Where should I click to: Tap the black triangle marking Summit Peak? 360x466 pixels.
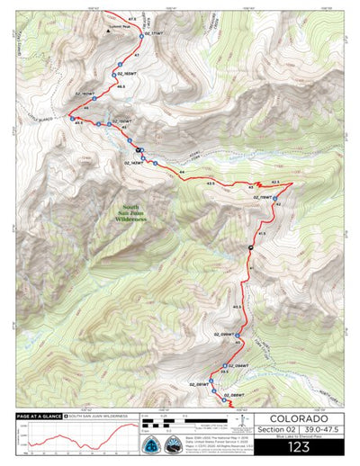102,27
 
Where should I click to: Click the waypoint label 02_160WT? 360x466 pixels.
85,93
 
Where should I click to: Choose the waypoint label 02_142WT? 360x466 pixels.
132,163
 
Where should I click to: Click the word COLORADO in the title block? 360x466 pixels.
297,418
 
